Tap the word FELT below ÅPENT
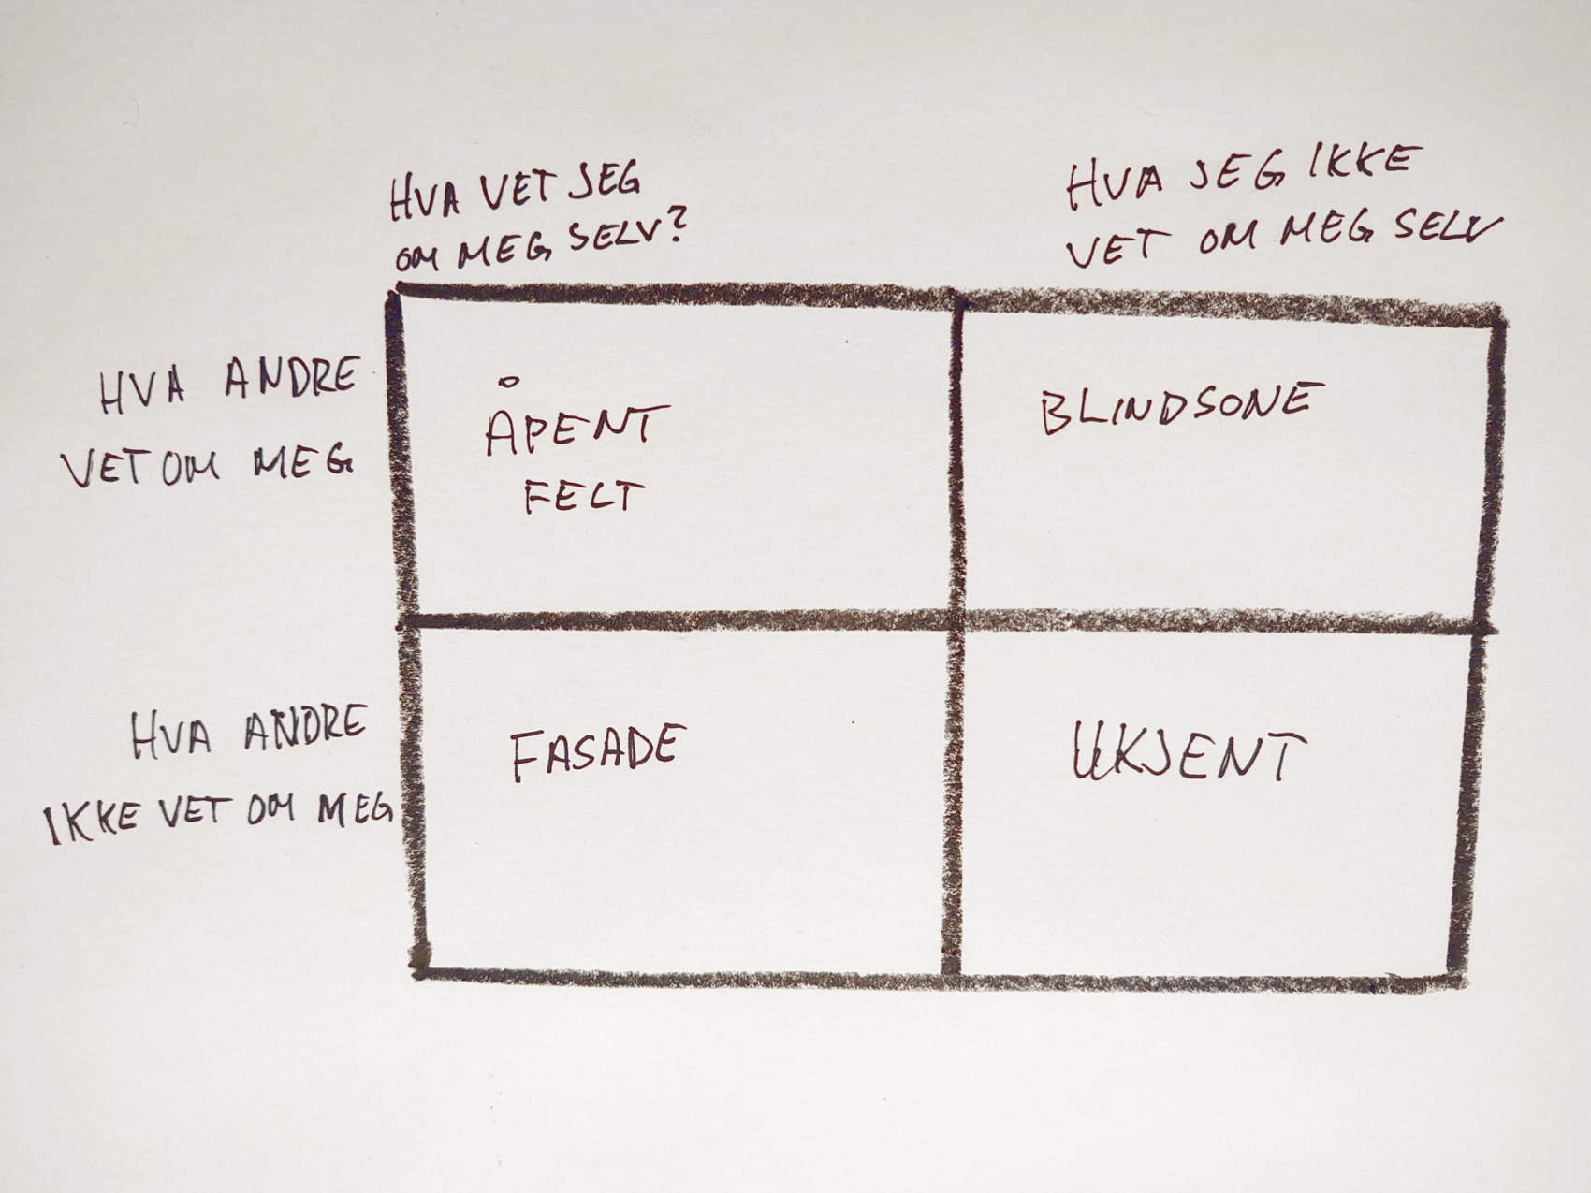click(x=584, y=497)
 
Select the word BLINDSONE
click(x=1181, y=408)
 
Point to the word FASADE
click(x=597, y=752)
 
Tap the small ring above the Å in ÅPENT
click(x=509, y=381)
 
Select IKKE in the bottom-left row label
click(x=93, y=822)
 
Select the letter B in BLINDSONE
click(x=1055, y=414)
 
